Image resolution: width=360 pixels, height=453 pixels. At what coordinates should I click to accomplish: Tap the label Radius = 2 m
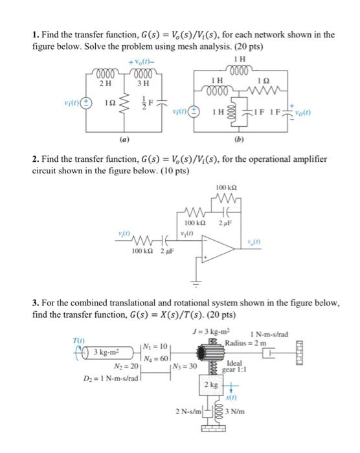(247, 342)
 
